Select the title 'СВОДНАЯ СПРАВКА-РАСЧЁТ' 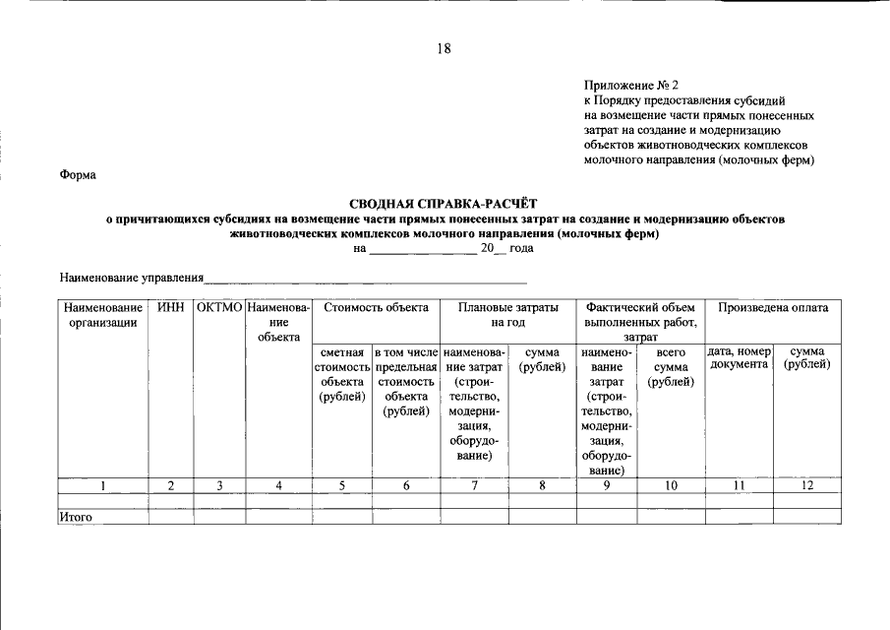click(445, 202)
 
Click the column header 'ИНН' click(171, 308)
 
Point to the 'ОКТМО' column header click(219, 308)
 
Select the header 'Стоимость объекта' click(376, 308)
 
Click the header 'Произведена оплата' click(773, 308)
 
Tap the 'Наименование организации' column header click(103, 316)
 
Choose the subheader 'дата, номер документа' click(739, 358)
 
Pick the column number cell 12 click(806, 484)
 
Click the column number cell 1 click(103, 484)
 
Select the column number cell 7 click(475, 484)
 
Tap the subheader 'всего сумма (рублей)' click(671, 366)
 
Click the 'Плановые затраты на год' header click(508, 315)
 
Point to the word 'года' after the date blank click(521, 249)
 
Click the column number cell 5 click(342, 484)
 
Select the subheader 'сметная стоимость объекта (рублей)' click(342, 374)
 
